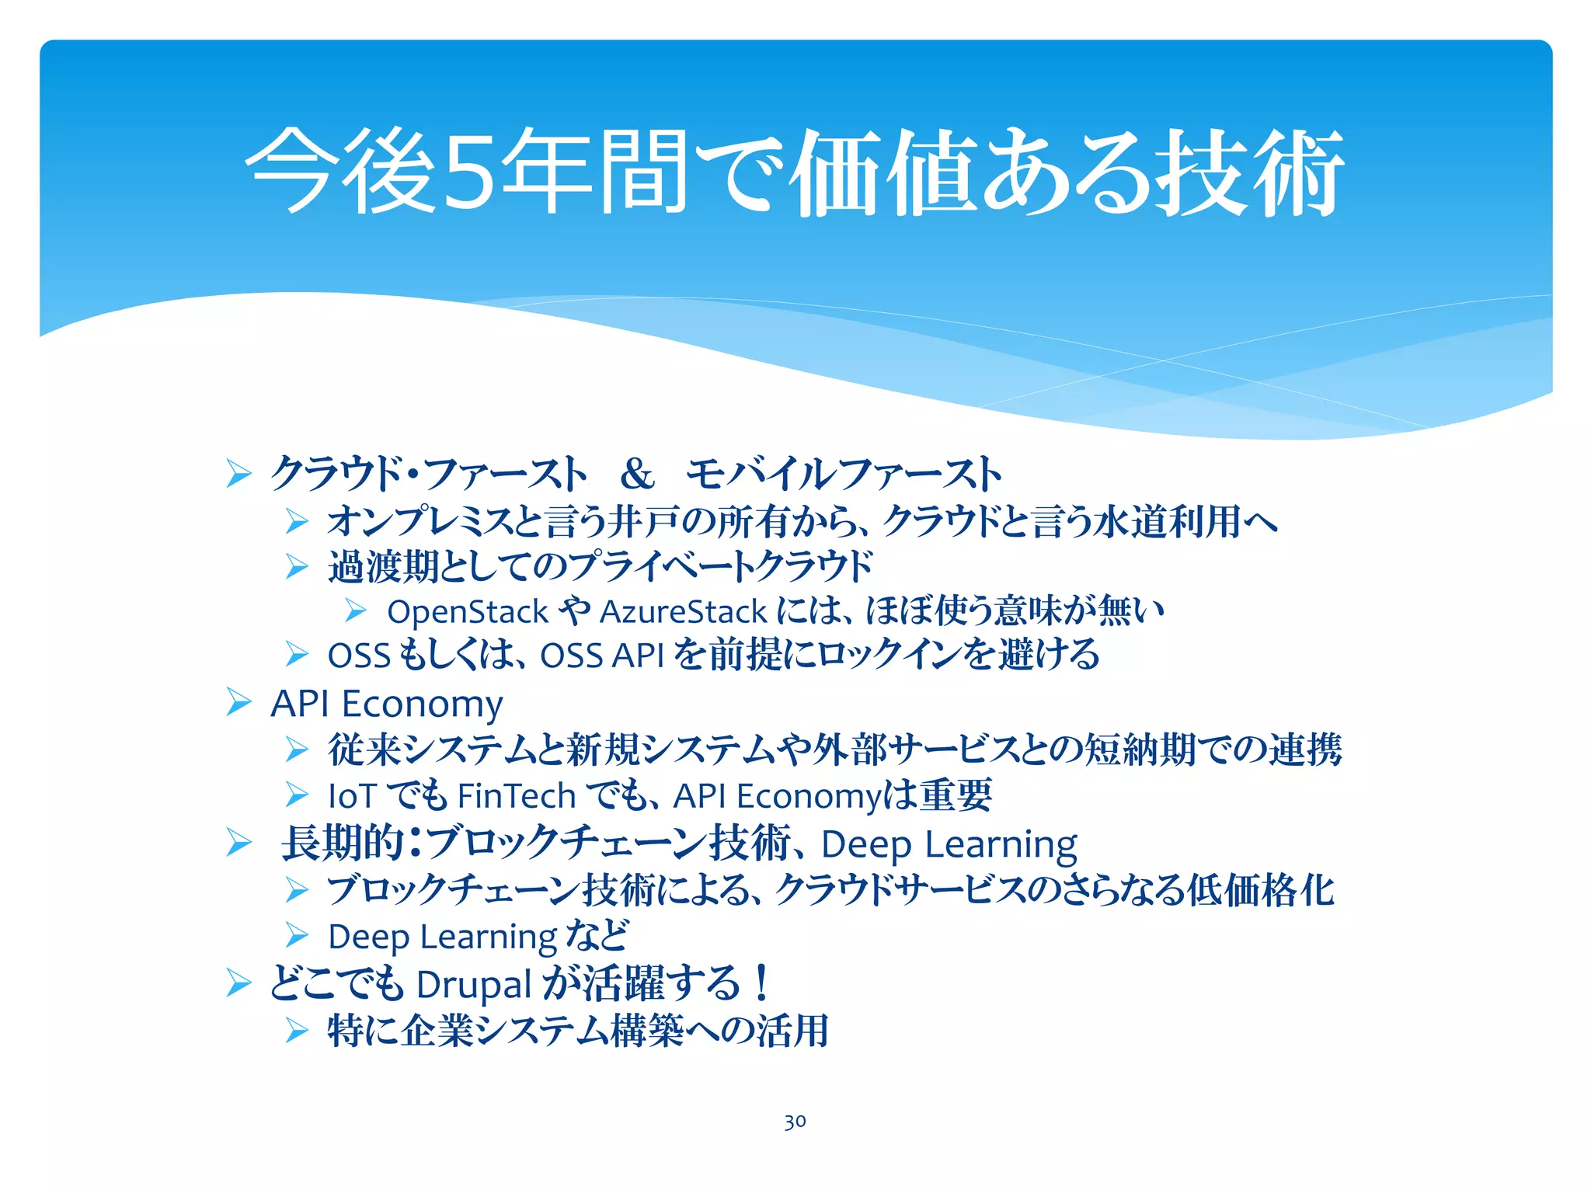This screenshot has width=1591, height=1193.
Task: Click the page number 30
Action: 795,1122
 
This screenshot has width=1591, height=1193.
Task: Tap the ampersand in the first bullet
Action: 637,474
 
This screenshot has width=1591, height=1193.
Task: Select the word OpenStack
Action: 468,612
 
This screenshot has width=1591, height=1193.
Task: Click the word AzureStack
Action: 684,612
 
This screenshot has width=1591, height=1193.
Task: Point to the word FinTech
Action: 517,796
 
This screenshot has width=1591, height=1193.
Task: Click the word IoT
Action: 352,796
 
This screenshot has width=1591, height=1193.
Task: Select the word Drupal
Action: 474,985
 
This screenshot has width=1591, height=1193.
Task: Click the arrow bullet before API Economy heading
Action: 238,702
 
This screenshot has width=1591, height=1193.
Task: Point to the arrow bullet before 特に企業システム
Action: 297,1031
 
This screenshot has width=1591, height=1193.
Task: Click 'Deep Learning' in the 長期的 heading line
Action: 949,844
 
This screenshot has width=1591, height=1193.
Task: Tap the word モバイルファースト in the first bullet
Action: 844,474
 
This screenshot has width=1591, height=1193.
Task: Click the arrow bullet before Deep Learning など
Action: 297,936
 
